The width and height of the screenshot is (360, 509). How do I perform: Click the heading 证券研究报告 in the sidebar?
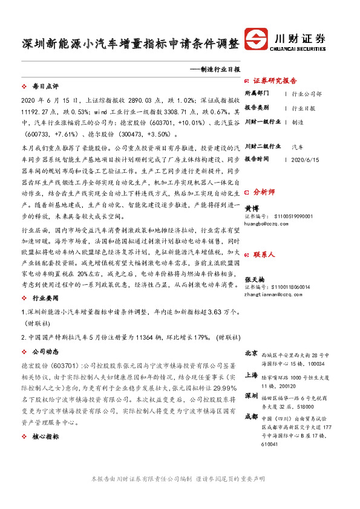coord(275,80)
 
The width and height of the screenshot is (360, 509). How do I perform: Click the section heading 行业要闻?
coord(44,299)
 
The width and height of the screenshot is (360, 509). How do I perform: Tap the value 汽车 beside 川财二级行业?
coord(298,146)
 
